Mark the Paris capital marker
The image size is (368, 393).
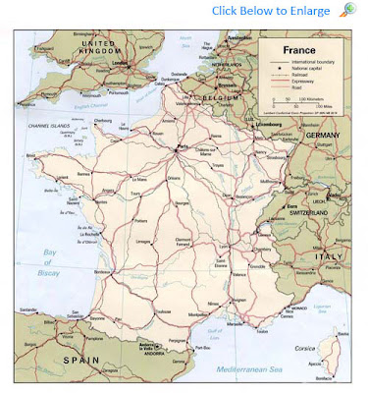coord(182,147)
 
